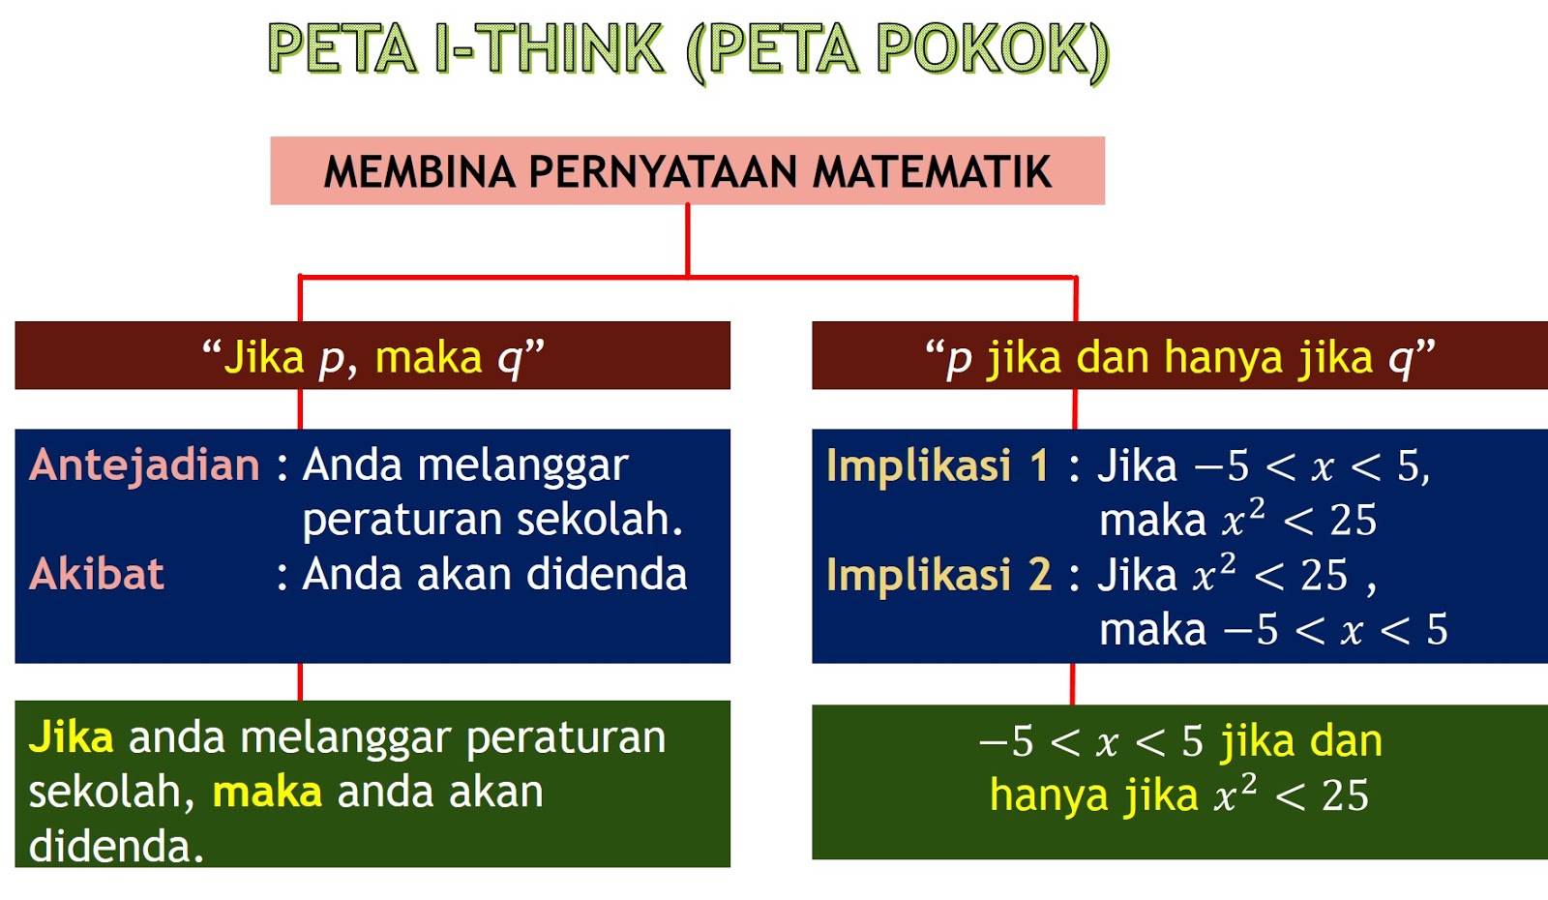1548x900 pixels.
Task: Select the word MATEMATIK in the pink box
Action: coord(932,172)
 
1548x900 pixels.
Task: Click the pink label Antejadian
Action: coord(145,465)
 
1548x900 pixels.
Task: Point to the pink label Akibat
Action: coord(97,575)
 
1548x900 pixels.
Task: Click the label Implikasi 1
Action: coord(937,465)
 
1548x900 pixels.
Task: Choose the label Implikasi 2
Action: coord(938,575)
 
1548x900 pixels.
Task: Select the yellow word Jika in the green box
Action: coord(71,737)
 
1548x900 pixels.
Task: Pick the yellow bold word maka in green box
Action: coord(267,793)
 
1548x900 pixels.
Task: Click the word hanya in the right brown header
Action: coord(1224,358)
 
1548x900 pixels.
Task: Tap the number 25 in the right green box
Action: coord(1345,796)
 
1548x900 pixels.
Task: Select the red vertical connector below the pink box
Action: coord(688,240)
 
